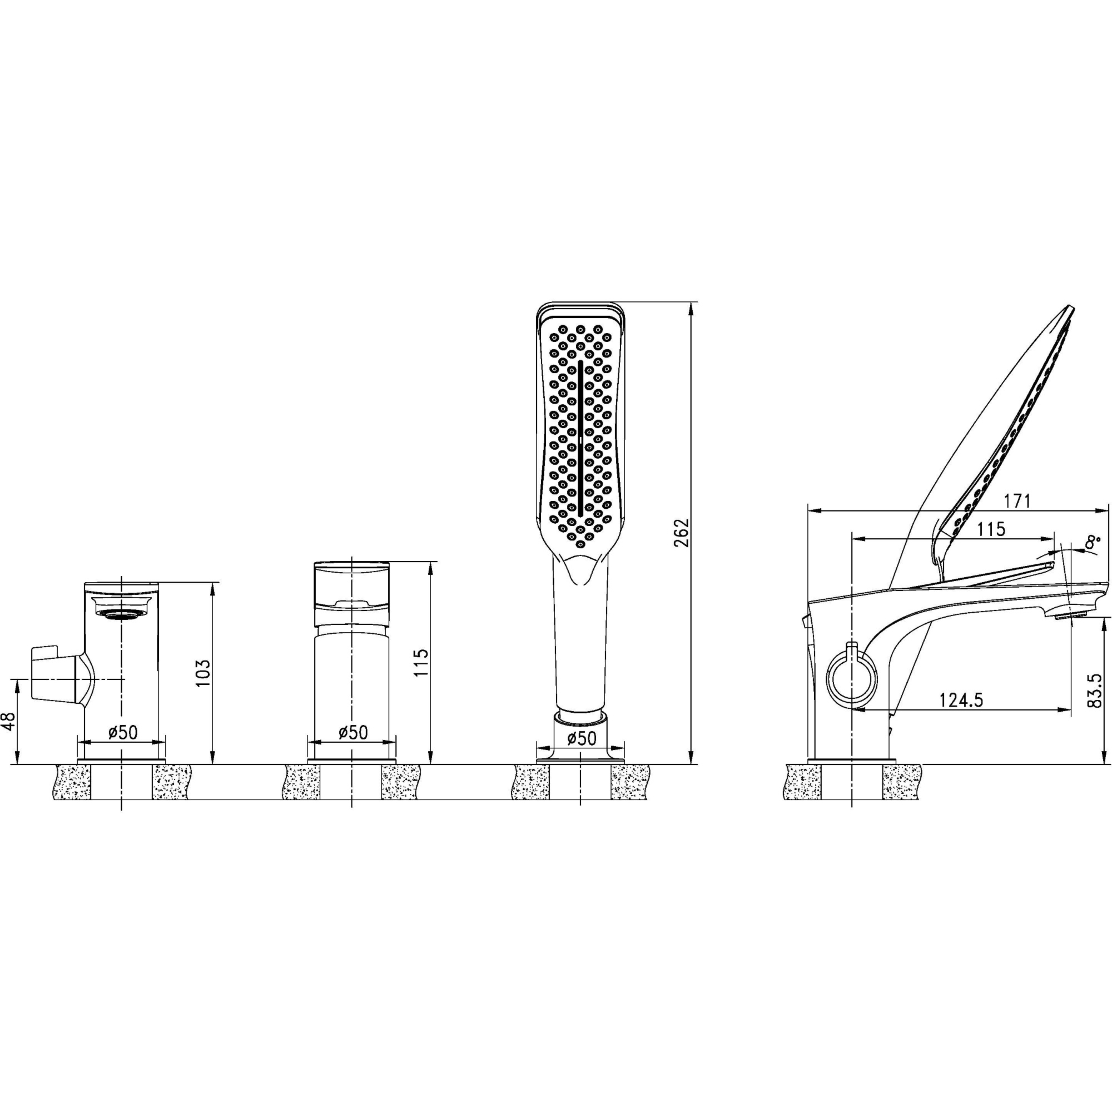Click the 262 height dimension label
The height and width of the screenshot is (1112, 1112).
click(682, 534)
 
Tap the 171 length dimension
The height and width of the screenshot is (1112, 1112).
click(1017, 502)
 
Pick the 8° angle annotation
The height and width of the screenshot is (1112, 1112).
click(1091, 542)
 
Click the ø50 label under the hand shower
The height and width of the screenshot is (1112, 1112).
click(582, 738)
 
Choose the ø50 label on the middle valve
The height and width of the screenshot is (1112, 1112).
click(353, 732)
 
